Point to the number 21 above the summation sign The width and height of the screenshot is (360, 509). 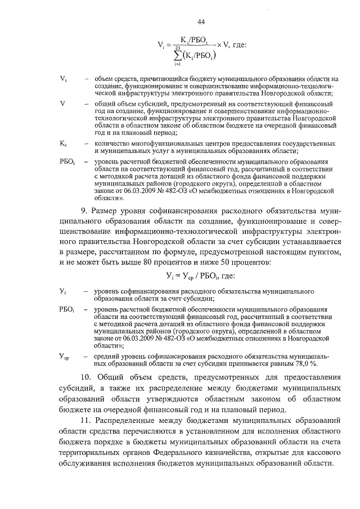(x=178, y=48)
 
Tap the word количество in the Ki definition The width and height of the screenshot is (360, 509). (x=112, y=143)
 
